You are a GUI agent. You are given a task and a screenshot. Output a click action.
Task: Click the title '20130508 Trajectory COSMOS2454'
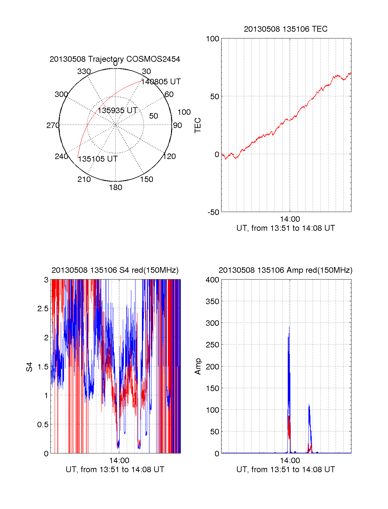point(115,59)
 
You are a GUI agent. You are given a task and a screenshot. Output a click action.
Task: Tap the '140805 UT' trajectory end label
point(161,82)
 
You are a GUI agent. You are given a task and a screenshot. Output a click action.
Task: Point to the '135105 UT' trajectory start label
point(98,159)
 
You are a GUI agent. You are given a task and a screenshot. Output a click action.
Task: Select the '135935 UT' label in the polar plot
point(118,111)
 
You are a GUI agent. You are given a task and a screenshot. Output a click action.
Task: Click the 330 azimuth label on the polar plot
point(84,71)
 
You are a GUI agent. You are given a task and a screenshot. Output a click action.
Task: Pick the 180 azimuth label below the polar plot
point(115,187)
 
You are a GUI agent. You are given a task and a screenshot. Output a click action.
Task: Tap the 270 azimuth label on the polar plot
point(53,125)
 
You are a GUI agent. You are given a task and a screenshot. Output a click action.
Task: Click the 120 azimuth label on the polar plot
point(169,156)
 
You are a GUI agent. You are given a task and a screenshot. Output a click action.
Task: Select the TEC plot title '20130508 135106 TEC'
point(286,29)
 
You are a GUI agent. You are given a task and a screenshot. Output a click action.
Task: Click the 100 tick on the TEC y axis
point(213,39)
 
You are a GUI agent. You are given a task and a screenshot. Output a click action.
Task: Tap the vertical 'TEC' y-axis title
point(198,125)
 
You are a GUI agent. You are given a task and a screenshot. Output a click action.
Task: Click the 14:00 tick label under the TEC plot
point(290,219)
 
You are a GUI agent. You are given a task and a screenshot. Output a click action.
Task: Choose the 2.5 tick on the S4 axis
point(43,309)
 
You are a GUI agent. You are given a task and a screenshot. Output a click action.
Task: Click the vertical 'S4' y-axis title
point(29,367)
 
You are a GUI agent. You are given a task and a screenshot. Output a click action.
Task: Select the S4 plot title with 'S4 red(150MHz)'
point(115,270)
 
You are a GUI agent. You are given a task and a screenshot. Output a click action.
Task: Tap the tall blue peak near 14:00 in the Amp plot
point(289,330)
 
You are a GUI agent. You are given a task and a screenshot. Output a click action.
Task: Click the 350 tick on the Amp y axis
point(213,302)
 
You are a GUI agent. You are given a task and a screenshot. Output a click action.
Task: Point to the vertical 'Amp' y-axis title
point(198,366)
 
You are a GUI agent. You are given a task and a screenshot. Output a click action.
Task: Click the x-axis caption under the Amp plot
point(286,470)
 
